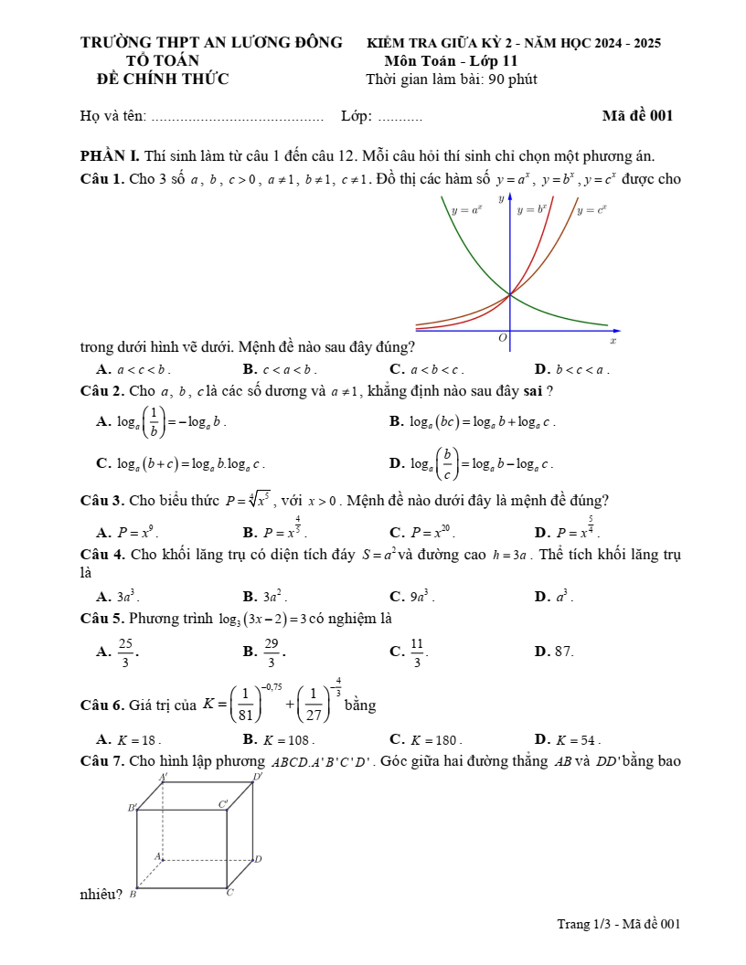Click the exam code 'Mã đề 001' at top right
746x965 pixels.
coord(637,115)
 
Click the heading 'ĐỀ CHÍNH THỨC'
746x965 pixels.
coord(163,79)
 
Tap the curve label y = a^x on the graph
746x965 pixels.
coord(467,209)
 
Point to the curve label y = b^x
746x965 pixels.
coord(532,209)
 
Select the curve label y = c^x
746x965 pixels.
coord(591,209)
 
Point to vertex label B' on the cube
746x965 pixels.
coord(133,808)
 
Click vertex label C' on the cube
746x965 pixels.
coord(223,804)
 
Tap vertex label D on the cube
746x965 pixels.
coord(259,859)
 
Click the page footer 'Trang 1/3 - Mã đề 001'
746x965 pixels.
coord(619,924)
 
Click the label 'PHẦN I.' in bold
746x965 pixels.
coord(111,155)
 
